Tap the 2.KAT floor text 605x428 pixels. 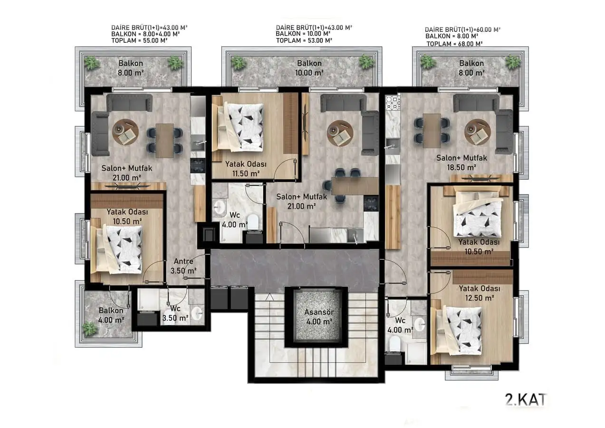pyautogui.click(x=526, y=400)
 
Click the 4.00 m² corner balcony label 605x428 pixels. pyautogui.click(x=111, y=315)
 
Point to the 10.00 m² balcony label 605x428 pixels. pyautogui.click(x=309, y=68)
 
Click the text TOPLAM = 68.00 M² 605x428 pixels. pyautogui.click(x=454, y=44)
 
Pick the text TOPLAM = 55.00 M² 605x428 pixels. pyautogui.click(x=139, y=40)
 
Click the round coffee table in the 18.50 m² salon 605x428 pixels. pyautogui.click(x=478, y=132)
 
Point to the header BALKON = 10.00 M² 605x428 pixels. pyautogui.click(x=303, y=34)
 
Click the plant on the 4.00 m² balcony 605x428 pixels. pyautogui.click(x=89, y=328)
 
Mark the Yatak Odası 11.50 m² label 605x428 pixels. pyautogui.click(x=246, y=168)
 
